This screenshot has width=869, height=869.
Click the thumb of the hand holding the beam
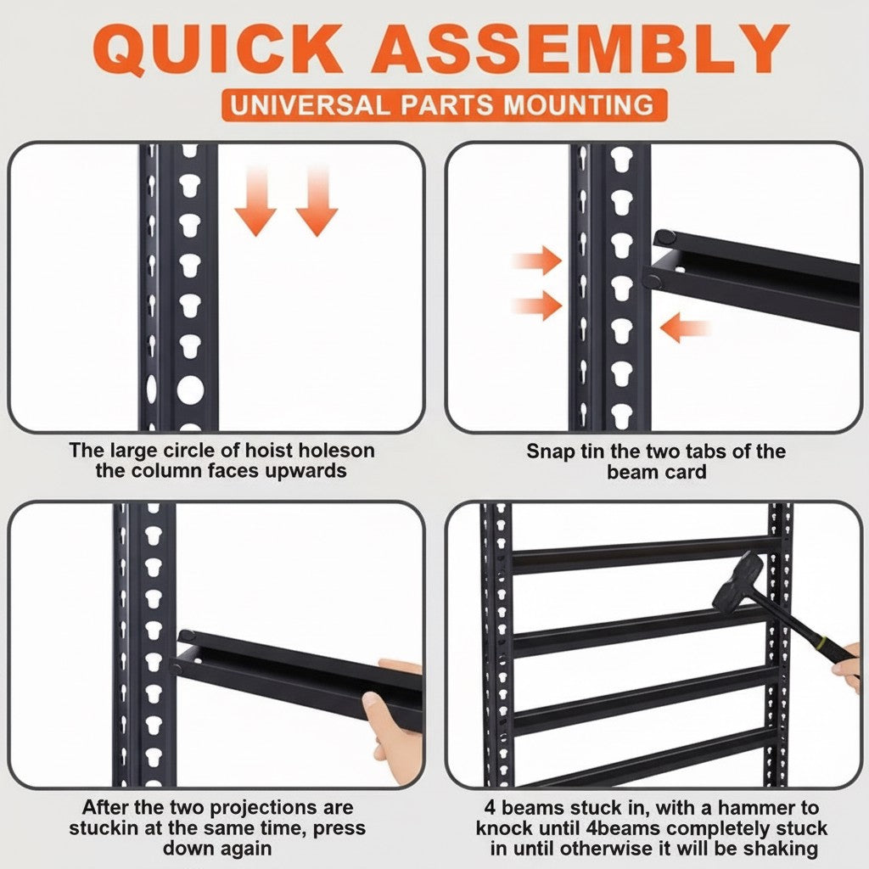point(373,704)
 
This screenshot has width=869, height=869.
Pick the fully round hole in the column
point(190,390)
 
